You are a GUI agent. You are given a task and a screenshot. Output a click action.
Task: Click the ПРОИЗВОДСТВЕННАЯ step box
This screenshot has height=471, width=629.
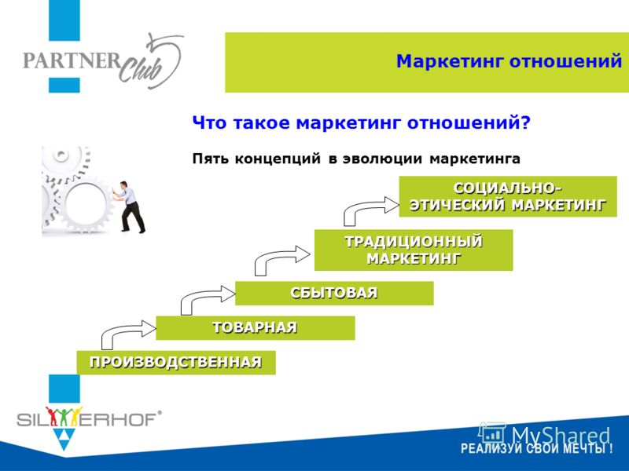(x=176, y=363)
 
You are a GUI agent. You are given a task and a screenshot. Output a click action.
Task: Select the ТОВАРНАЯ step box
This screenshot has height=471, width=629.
(x=255, y=327)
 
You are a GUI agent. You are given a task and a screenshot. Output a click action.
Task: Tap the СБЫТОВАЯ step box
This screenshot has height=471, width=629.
(x=334, y=293)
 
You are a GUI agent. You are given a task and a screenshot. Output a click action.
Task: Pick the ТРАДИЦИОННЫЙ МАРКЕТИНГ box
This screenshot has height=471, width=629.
(x=414, y=250)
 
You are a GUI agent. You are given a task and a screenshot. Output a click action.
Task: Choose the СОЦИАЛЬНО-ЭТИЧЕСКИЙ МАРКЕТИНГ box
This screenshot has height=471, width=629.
(x=508, y=196)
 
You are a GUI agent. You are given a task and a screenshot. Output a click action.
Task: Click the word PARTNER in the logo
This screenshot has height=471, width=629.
(x=72, y=60)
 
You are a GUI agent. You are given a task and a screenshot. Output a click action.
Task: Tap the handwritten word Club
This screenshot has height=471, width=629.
(x=142, y=71)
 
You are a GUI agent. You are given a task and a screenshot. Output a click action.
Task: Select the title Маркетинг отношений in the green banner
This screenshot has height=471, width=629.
(x=509, y=62)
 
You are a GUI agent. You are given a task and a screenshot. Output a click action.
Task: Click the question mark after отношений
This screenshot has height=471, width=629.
(x=526, y=122)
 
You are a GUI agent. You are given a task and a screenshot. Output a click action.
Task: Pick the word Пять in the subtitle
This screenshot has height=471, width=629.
(x=211, y=159)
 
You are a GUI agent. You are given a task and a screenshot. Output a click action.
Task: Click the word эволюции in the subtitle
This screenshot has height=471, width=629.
(x=382, y=159)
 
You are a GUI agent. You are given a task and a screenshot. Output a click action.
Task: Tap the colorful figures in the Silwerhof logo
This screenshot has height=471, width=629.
(x=64, y=417)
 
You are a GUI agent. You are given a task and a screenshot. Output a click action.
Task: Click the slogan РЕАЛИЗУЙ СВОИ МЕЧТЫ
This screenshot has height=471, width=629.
(x=537, y=448)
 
